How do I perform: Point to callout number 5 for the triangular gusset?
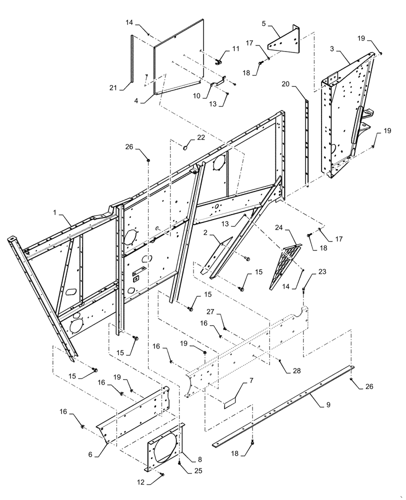click(x=264, y=23)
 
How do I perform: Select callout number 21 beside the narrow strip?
click(x=113, y=88)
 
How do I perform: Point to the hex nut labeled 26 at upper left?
click(x=148, y=159)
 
